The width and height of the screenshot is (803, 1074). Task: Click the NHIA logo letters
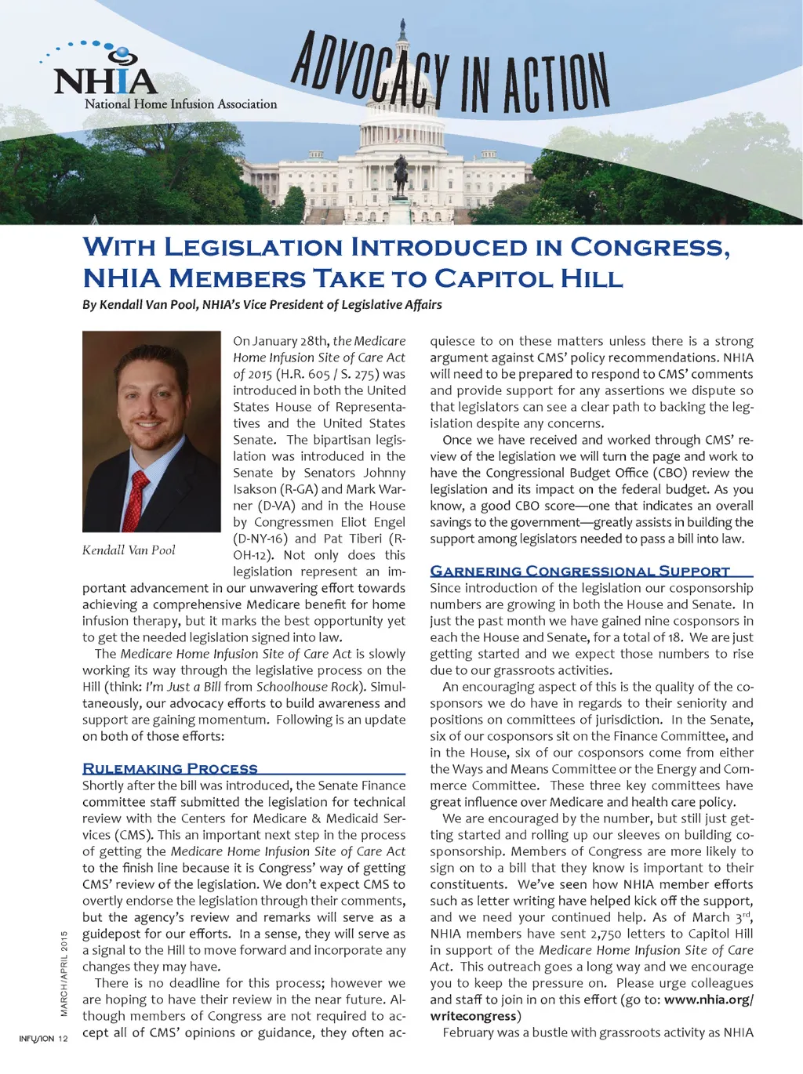(106, 81)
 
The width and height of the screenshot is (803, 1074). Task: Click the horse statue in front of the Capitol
(401, 174)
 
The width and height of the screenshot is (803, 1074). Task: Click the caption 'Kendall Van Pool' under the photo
(129, 550)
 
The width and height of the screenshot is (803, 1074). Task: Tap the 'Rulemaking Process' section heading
(170, 768)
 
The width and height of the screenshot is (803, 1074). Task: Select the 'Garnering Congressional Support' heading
(580, 571)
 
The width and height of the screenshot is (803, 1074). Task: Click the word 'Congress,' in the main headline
(650, 247)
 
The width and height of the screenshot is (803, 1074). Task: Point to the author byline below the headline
(262, 304)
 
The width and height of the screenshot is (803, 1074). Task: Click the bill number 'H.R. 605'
(302, 374)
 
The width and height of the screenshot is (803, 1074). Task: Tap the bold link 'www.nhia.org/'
(709, 1000)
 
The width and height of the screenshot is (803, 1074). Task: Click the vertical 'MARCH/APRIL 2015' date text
(64, 973)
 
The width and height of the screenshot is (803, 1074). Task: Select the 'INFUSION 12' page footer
(44, 1039)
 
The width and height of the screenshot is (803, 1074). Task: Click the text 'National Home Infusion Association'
(180, 104)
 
